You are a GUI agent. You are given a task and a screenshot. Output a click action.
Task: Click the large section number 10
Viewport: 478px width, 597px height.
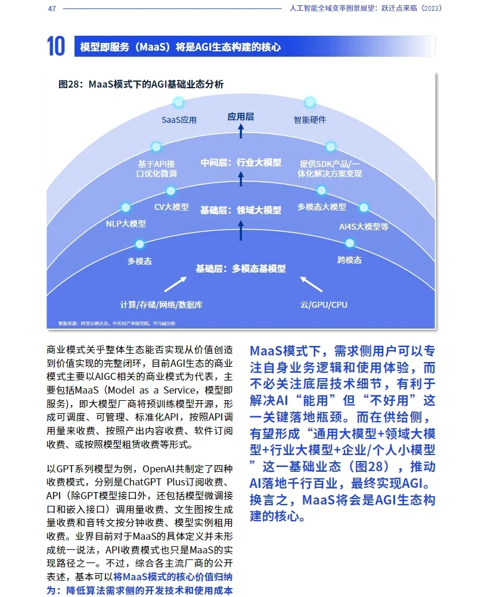(56, 46)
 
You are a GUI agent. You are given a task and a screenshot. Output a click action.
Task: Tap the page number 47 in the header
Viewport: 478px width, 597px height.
(52, 9)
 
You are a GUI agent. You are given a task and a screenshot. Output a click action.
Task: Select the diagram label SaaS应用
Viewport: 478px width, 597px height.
(179, 120)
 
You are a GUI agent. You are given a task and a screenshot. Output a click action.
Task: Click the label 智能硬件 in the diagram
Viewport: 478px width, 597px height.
(310, 120)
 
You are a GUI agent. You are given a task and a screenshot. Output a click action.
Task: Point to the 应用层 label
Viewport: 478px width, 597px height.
(241, 117)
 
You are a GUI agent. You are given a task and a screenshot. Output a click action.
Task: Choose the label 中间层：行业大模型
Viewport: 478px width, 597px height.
(241, 162)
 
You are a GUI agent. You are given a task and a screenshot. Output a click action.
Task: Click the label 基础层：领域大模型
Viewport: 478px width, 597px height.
(241, 210)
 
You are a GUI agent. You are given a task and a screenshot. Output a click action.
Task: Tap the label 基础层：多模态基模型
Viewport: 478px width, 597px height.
(241, 268)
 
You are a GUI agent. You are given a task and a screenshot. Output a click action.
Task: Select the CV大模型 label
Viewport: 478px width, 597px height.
(171, 207)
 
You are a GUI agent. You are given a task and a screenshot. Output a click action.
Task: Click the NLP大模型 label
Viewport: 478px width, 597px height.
(126, 224)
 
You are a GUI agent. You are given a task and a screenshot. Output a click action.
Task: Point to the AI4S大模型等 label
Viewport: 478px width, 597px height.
(364, 227)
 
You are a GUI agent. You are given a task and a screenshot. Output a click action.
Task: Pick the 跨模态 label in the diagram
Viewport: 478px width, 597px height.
(349, 260)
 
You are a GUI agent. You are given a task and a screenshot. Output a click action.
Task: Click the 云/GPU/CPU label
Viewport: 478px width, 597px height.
(324, 305)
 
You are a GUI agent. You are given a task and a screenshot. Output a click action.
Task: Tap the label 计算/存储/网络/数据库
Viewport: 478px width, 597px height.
(162, 305)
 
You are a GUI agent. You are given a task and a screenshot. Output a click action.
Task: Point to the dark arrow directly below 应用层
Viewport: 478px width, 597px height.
(241, 132)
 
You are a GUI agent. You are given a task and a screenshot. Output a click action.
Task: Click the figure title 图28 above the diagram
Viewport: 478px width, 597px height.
(141, 85)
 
